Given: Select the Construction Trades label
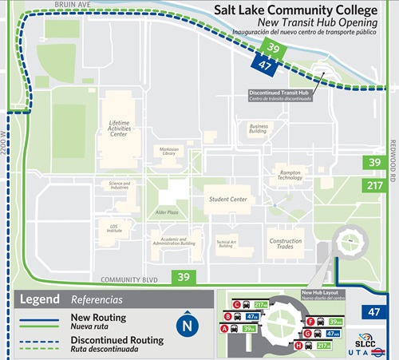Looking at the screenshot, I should pos(286,244).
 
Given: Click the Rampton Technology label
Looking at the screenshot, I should pos(290,175).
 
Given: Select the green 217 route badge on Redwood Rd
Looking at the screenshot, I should pos(373,185).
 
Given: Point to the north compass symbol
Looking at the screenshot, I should pos(187,326).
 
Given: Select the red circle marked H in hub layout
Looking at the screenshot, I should pos(298,346).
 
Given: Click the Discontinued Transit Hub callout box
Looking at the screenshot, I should pos(279,95).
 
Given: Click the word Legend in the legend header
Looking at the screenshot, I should pos(39,299).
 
